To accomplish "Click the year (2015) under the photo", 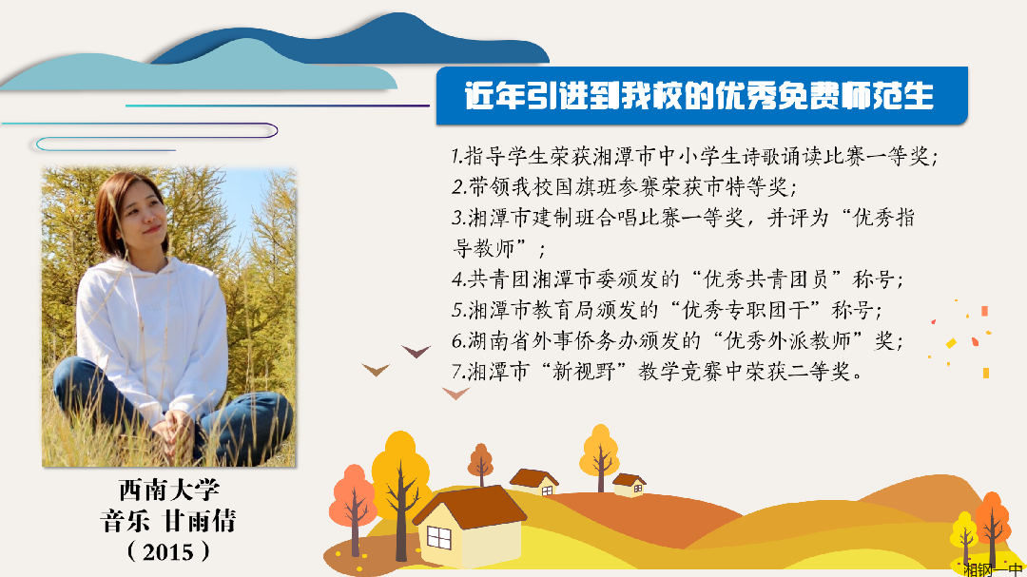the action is [168, 551].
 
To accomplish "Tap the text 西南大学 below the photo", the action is [169, 490].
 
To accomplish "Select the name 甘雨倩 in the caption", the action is [199, 521].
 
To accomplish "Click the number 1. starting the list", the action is [457, 156].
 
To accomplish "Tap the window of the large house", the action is [438, 538].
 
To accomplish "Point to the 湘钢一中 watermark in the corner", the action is [993, 569].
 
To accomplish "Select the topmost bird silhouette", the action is [416, 352].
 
